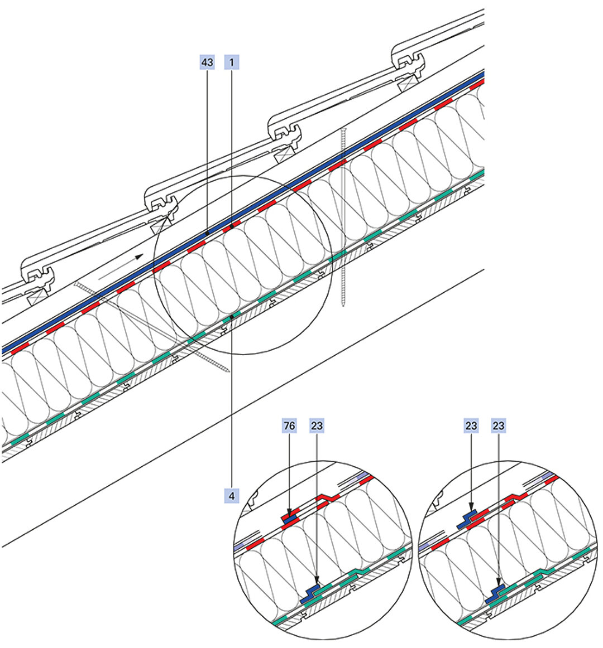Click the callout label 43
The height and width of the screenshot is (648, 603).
[x=207, y=62]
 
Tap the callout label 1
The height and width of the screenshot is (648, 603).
[x=231, y=62]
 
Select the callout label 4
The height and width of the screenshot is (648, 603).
[x=231, y=495]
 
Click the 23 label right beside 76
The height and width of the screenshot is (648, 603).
[x=316, y=426]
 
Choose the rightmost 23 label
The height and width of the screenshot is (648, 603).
[x=499, y=426]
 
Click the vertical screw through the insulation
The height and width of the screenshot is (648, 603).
[x=343, y=217]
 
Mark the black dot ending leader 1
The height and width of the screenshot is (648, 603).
[x=231, y=228]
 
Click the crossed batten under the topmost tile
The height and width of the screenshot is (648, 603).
[x=407, y=83]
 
